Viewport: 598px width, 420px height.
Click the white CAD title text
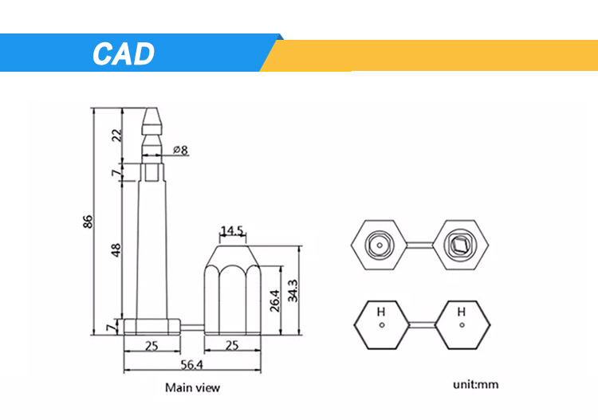pyautogui.click(x=123, y=53)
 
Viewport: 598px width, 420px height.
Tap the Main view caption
pyautogui.click(x=192, y=388)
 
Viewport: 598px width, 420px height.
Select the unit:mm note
pyautogui.click(x=476, y=384)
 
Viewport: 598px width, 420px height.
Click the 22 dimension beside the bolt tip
pyautogui.click(x=116, y=135)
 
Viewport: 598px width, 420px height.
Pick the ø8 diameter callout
pyautogui.click(x=179, y=150)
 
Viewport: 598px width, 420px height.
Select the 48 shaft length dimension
pyautogui.click(x=116, y=249)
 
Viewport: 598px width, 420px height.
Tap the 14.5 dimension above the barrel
pyautogui.click(x=232, y=231)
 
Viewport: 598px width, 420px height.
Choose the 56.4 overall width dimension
pyautogui.click(x=192, y=365)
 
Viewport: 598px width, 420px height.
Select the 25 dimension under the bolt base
pyautogui.click(x=151, y=346)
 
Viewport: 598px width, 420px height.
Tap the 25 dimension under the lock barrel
pyautogui.click(x=232, y=346)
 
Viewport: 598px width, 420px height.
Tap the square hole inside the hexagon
pyautogui.click(x=460, y=244)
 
